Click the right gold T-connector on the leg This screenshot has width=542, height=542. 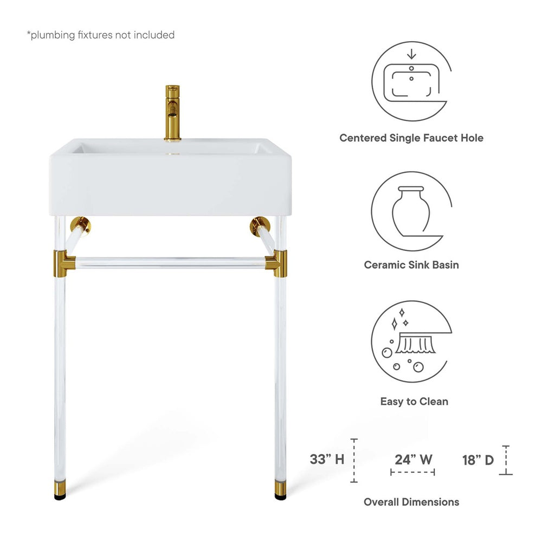(280, 262)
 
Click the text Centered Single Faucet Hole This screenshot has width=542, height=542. (411, 138)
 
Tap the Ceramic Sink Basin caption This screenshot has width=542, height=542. (411, 265)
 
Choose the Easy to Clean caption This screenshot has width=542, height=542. (414, 402)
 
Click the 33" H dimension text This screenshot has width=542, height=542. (327, 460)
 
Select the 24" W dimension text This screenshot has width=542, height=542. (413, 460)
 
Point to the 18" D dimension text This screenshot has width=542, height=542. (478, 460)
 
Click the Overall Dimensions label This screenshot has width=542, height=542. (411, 502)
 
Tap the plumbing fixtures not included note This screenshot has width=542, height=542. (101, 35)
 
